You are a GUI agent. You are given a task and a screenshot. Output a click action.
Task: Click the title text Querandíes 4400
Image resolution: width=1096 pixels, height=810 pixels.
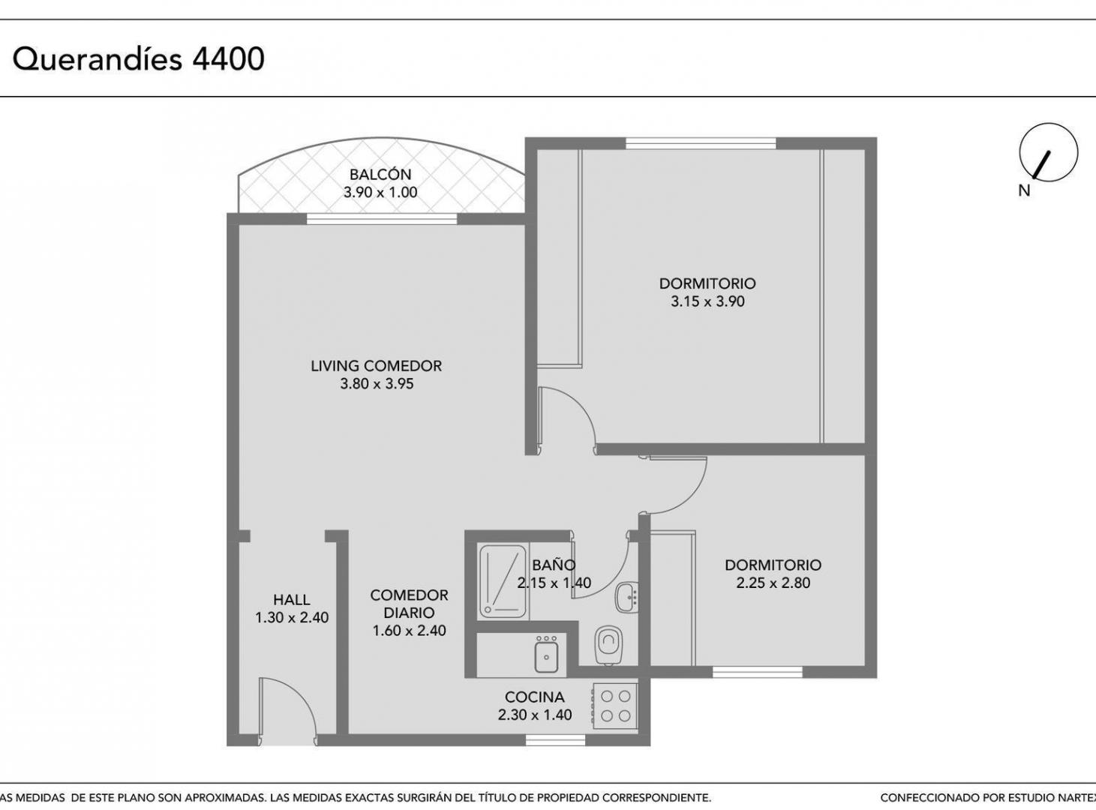pos(138,60)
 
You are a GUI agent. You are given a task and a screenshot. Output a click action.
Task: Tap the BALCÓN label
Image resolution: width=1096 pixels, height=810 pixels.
pos(380,175)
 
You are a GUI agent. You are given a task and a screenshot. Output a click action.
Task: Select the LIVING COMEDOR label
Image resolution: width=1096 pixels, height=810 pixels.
pos(376,366)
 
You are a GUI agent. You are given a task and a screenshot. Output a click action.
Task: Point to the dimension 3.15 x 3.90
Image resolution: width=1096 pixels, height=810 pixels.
pos(707,301)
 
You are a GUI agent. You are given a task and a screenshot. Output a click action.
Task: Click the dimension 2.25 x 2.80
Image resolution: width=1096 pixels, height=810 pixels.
pos(773,583)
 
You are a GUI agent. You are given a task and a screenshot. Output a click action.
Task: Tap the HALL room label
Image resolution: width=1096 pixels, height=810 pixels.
pos(292,600)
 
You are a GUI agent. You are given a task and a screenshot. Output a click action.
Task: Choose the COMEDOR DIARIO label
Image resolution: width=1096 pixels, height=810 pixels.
pos(409,604)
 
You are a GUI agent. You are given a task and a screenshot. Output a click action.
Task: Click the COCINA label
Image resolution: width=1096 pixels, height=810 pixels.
pos(535,697)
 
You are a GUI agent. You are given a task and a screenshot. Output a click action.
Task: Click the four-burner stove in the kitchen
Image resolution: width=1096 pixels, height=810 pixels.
pos(615,706)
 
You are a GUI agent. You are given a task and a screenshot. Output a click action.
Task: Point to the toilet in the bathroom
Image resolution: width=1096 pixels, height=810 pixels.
pos(609,644)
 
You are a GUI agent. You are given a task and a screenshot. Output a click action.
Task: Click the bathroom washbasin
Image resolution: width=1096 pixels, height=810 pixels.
pos(626,598)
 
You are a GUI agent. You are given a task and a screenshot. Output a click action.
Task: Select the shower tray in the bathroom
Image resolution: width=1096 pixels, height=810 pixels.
pos(503,582)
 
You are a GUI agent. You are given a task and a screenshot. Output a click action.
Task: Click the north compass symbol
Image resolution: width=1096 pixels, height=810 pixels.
pos(1048,152)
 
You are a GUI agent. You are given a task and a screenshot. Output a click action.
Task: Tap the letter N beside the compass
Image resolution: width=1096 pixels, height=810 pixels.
pos(1024,190)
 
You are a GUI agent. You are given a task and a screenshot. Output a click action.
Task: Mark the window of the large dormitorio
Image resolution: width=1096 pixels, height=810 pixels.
pos(700,143)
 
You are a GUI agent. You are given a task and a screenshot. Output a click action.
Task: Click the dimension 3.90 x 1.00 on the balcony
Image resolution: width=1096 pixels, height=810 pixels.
pos(380,192)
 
